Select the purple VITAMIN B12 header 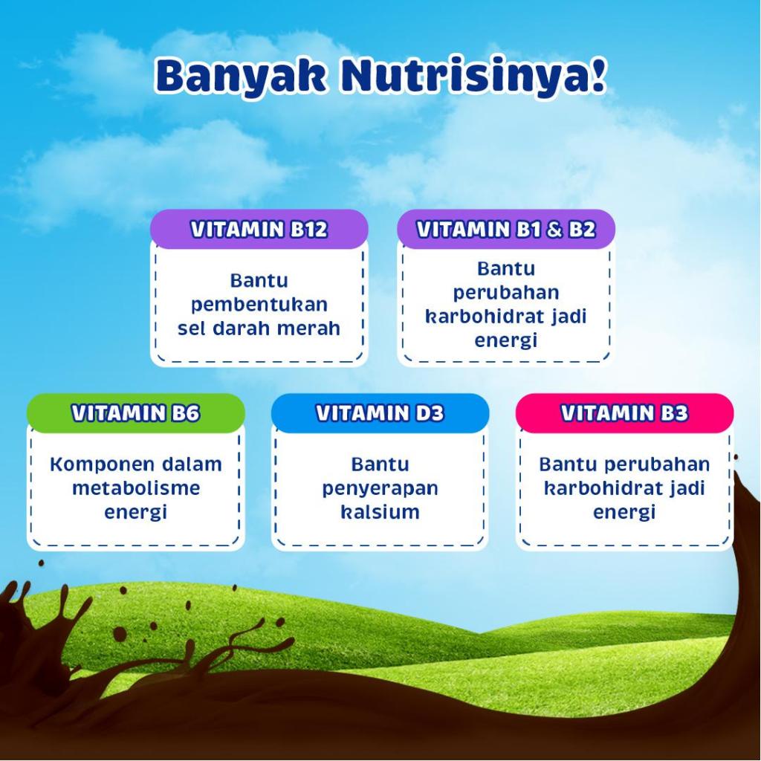(x=259, y=230)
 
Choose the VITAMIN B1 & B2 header (x=506, y=230)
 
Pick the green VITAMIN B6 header (x=135, y=413)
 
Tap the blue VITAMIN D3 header (x=380, y=413)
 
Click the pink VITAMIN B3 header (x=624, y=413)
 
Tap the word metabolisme (x=136, y=488)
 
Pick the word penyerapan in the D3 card (x=380, y=489)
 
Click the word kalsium (x=380, y=511)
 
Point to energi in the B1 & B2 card (x=505, y=340)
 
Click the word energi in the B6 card (x=136, y=513)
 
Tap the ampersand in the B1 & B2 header (x=554, y=230)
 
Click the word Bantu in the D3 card (x=380, y=464)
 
